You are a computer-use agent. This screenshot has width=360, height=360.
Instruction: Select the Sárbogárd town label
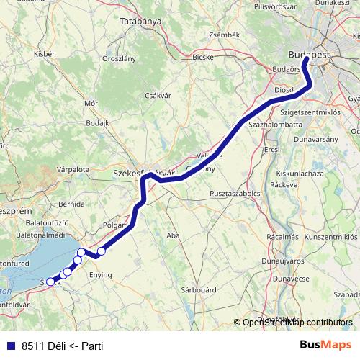pos(199,289)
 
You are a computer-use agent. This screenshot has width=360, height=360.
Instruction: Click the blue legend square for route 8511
pos(10,346)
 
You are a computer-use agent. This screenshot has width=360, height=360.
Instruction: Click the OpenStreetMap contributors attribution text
pos(297,323)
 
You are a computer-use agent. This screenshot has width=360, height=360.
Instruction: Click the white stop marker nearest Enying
pos(102,251)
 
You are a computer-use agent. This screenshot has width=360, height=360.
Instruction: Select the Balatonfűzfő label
pos(37,224)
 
